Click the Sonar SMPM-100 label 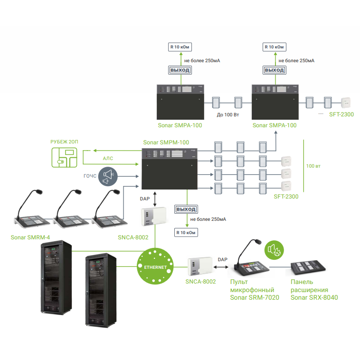pos(166,142)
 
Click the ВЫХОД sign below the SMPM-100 pos(186,209)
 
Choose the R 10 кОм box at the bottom pos(186,233)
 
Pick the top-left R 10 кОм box pos(180,47)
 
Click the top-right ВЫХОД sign pos(274,70)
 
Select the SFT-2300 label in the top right pos(341,114)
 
